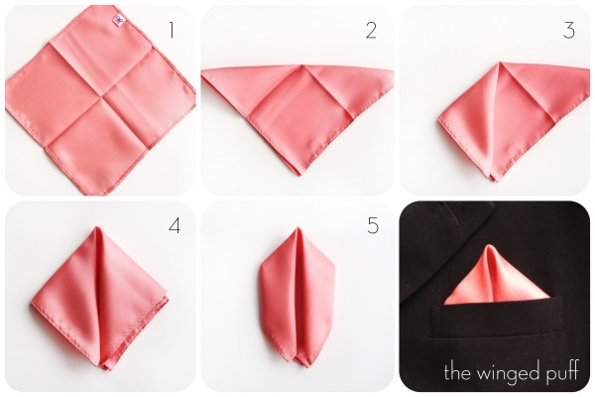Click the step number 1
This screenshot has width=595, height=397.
172,30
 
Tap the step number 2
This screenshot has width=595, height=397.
371,31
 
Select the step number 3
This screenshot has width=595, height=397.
569,31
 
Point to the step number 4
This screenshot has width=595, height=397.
175,226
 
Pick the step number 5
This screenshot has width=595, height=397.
373,225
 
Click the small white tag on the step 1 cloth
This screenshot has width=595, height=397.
119,21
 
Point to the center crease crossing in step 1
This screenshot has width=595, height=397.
102,97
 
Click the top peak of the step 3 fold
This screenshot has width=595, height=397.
501,63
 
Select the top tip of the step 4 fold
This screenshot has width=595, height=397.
97,227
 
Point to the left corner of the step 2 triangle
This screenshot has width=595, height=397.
202,70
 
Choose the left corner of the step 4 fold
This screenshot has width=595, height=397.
31,303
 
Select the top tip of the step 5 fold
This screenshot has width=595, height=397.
297,228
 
